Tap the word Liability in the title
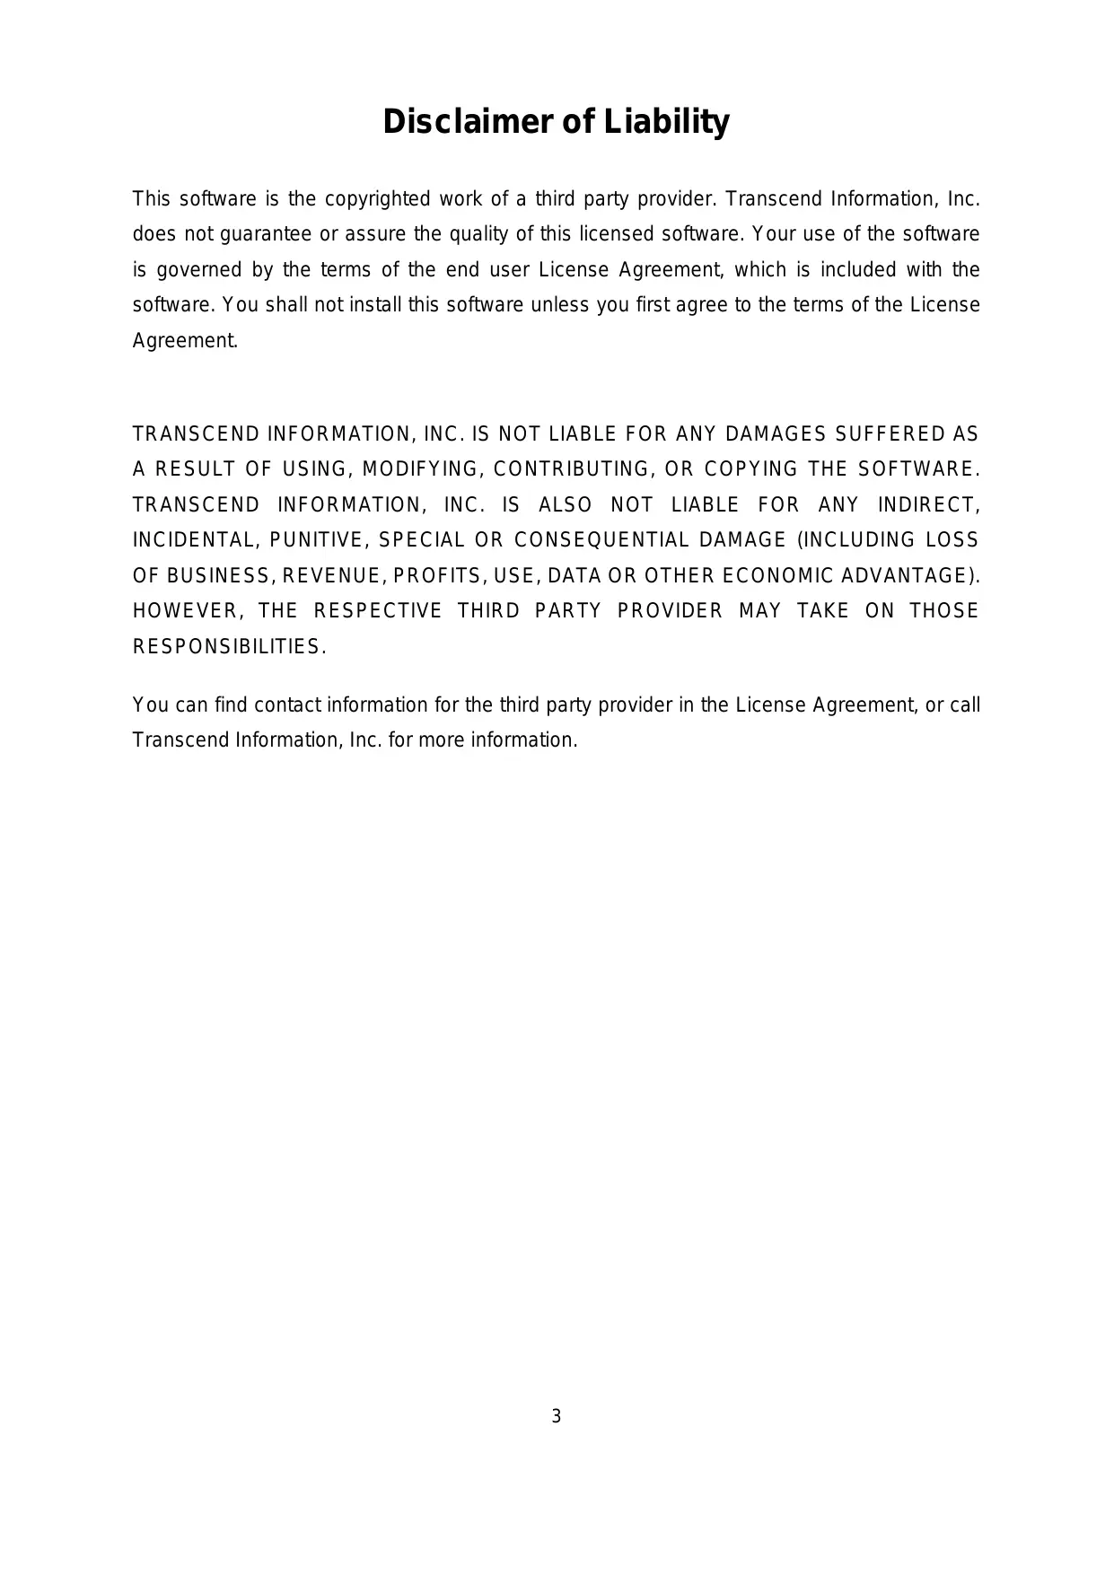point(666,122)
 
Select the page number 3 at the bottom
point(557,1417)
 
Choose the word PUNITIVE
point(318,540)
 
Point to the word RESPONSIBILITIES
point(229,647)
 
